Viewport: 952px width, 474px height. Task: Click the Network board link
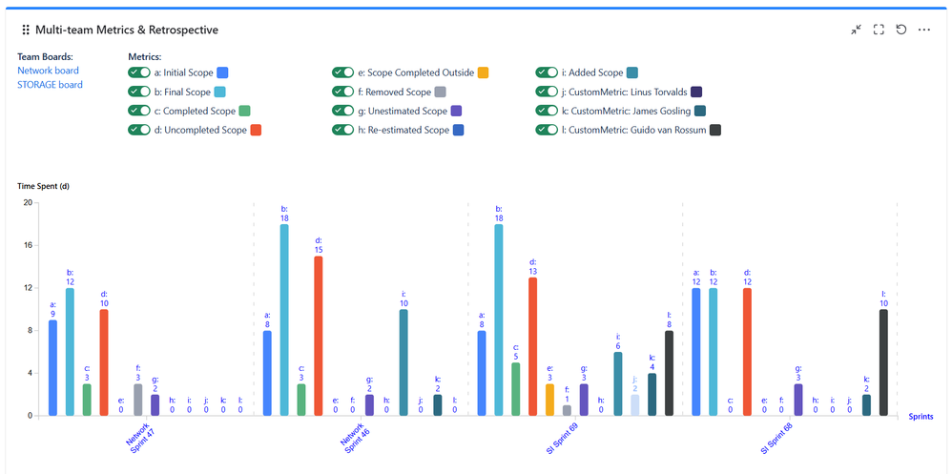pyautogui.click(x=48, y=71)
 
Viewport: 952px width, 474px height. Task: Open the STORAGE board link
pyautogui.click(x=50, y=85)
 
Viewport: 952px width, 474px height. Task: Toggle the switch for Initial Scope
pyautogui.click(x=138, y=72)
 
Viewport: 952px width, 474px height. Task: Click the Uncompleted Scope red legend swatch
pyautogui.click(x=256, y=130)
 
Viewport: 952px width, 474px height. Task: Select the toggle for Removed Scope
pyautogui.click(x=342, y=92)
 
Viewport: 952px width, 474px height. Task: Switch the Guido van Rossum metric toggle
pyautogui.click(x=546, y=130)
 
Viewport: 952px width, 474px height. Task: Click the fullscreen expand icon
pyautogui.click(x=879, y=30)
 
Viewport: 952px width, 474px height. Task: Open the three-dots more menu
pyautogui.click(x=923, y=30)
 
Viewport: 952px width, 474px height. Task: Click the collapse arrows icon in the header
pyautogui.click(x=856, y=30)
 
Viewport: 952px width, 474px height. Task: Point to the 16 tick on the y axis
pyautogui.click(x=28, y=245)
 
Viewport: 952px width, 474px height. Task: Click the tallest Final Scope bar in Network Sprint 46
pyautogui.click(x=284, y=319)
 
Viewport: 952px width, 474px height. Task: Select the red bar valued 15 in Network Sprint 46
pyautogui.click(x=319, y=336)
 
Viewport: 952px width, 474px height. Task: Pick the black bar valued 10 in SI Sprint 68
pyautogui.click(x=883, y=362)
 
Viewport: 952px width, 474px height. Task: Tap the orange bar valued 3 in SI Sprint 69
pyautogui.click(x=549, y=400)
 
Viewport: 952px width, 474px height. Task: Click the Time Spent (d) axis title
pyautogui.click(x=43, y=186)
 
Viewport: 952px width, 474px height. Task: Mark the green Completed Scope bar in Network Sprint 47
pyautogui.click(x=87, y=400)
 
